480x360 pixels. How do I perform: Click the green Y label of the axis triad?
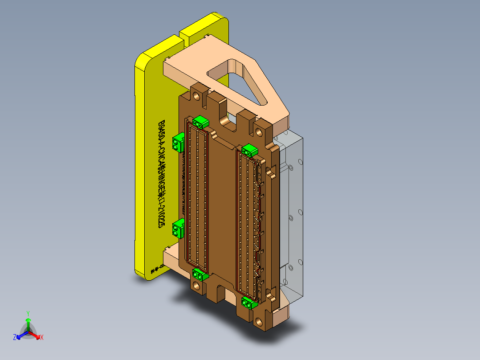point(28,313)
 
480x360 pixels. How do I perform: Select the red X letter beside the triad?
point(42,337)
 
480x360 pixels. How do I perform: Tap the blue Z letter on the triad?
point(15,337)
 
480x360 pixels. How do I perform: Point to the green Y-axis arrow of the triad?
point(28,323)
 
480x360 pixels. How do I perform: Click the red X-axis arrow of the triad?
point(35,335)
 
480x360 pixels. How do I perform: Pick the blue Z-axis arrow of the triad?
point(21,335)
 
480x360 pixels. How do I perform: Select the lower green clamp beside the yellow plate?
point(179,228)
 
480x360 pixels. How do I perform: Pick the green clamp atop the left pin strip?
point(201,121)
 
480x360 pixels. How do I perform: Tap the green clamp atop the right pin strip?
point(250,150)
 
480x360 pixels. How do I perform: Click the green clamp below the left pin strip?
point(199,275)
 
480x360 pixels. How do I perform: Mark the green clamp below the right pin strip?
point(248,303)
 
